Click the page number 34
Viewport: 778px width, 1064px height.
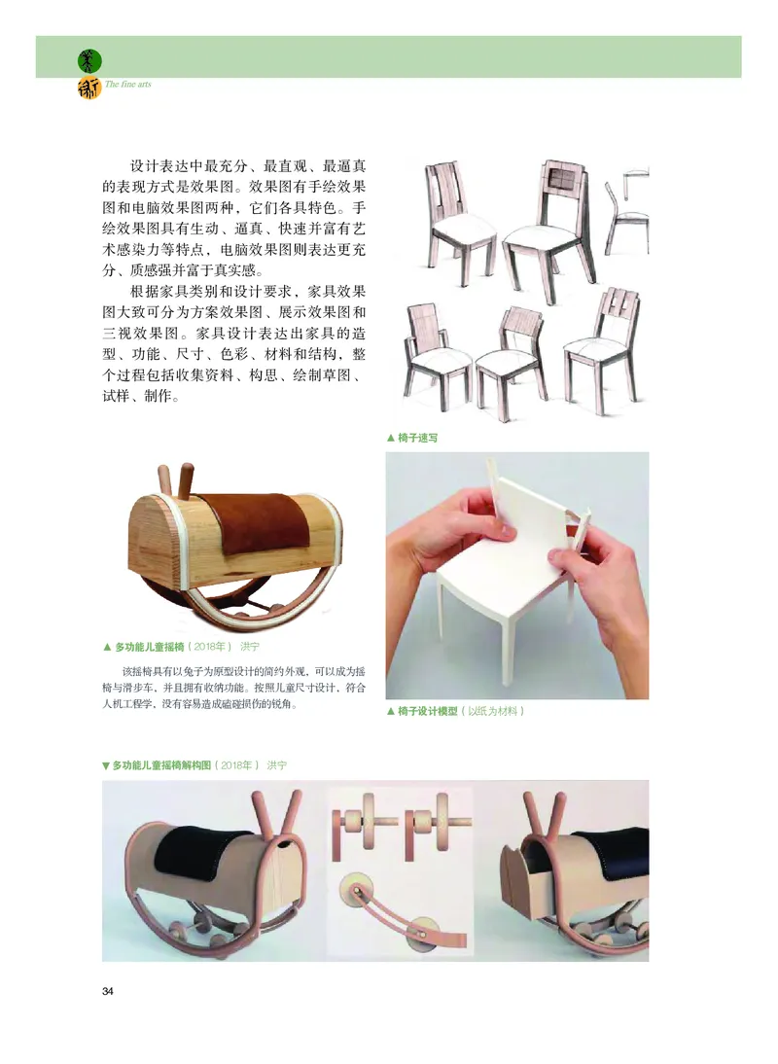click(108, 991)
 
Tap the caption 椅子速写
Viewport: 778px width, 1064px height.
click(417, 438)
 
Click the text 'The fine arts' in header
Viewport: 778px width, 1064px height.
click(127, 85)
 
